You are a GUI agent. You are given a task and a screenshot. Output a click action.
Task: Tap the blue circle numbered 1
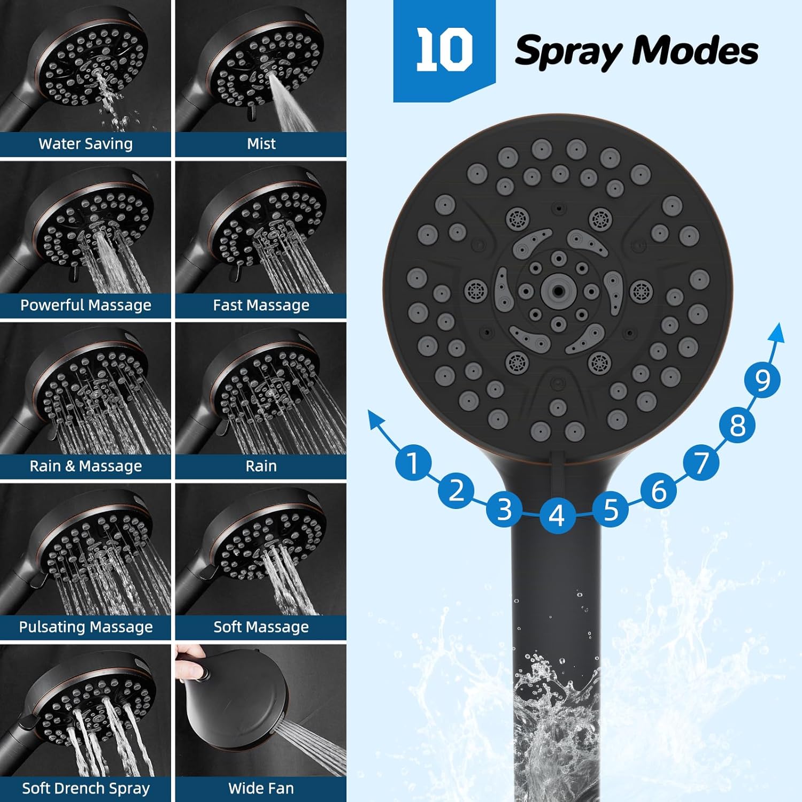pyautogui.click(x=413, y=462)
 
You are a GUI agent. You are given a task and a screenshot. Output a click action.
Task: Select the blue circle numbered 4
pyautogui.click(x=557, y=515)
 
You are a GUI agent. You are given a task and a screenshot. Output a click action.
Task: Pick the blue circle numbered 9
pyautogui.click(x=762, y=380)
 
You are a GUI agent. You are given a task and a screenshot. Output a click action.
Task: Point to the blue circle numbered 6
pyautogui.click(x=659, y=491)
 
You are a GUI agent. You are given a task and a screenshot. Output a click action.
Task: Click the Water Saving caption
pyautogui.click(x=86, y=144)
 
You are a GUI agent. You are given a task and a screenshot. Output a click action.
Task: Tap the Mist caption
pyautogui.click(x=261, y=144)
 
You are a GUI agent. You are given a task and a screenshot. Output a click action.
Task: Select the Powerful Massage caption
pyautogui.click(x=86, y=305)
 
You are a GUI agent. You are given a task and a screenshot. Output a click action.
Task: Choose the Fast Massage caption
pyautogui.click(x=261, y=305)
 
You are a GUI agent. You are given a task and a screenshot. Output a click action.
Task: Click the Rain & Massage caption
pyautogui.click(x=86, y=466)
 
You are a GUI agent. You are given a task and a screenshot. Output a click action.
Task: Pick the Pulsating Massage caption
pyautogui.click(x=86, y=627)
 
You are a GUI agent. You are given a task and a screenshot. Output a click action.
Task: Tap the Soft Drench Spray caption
pyautogui.click(x=86, y=788)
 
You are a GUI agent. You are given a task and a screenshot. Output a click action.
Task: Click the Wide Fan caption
pyautogui.click(x=261, y=788)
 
